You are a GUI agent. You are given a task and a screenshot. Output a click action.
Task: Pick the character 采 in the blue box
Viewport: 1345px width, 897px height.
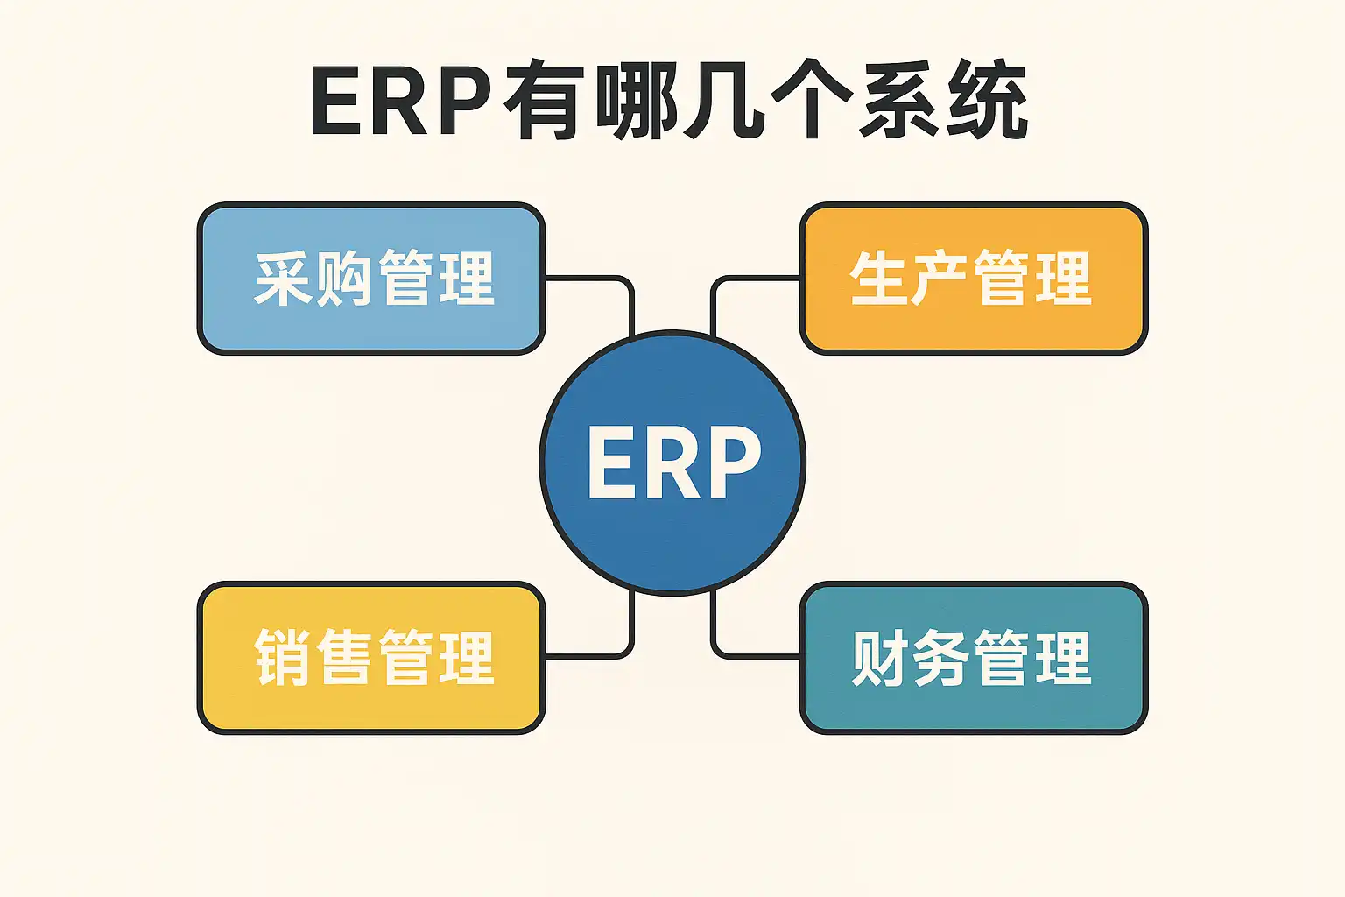tap(283, 279)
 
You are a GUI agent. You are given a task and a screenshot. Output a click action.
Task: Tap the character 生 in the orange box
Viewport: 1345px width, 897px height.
tap(878, 279)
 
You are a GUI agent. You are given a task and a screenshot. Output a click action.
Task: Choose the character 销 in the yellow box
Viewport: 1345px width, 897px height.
tap(283, 658)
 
